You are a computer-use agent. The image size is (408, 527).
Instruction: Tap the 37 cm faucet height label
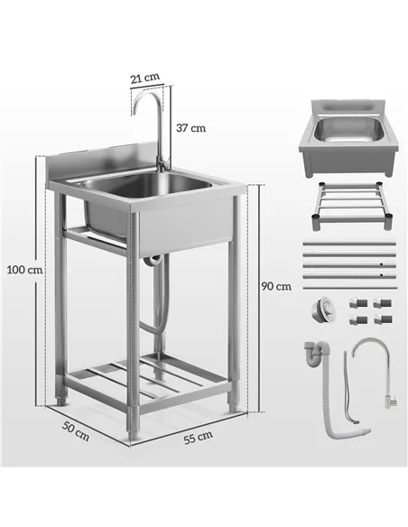coord(190,127)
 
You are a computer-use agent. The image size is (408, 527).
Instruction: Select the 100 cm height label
coord(23,269)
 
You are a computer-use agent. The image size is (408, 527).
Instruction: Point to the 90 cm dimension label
coord(275,286)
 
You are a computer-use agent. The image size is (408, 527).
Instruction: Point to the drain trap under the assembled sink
coord(153,263)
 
